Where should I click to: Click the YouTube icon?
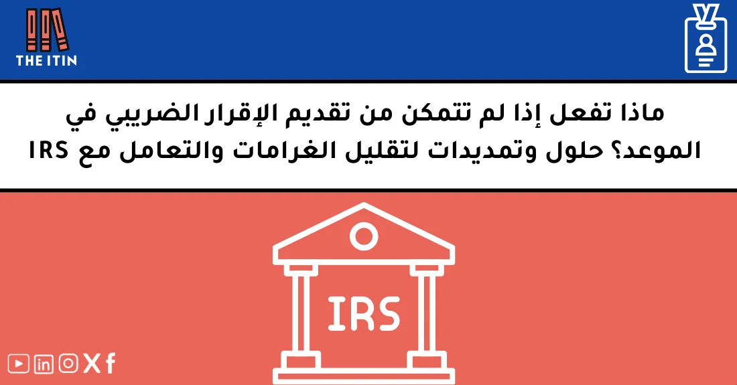[x=19, y=364]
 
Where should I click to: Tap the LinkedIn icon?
[x=44, y=364]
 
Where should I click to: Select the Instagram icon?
[x=68, y=364]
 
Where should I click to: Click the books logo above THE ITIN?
[x=46, y=29]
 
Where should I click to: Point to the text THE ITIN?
[x=46, y=61]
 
